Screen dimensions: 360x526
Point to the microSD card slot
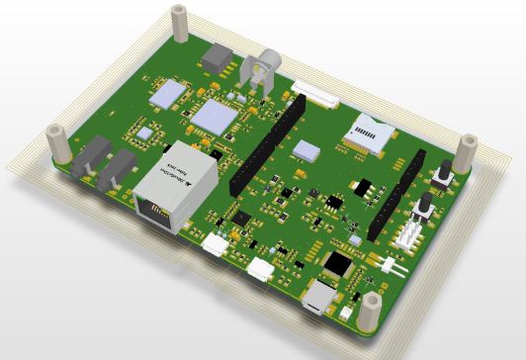pyautogui.click(x=371, y=132)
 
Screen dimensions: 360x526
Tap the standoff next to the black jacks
pyautogui.click(x=58, y=143)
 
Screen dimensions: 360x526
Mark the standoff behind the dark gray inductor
pyautogui.click(x=180, y=24)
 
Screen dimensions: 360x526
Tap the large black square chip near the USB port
pyautogui.click(x=339, y=263)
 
